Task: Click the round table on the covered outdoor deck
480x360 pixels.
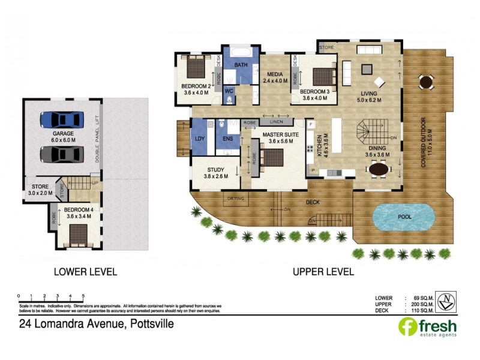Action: point(425,81)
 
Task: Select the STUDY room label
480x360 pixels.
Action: point(214,170)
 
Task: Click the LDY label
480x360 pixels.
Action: point(199,139)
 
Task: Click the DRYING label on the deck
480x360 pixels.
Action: point(235,198)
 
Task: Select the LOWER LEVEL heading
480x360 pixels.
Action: point(85,271)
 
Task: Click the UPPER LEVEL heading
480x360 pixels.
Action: point(323,271)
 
